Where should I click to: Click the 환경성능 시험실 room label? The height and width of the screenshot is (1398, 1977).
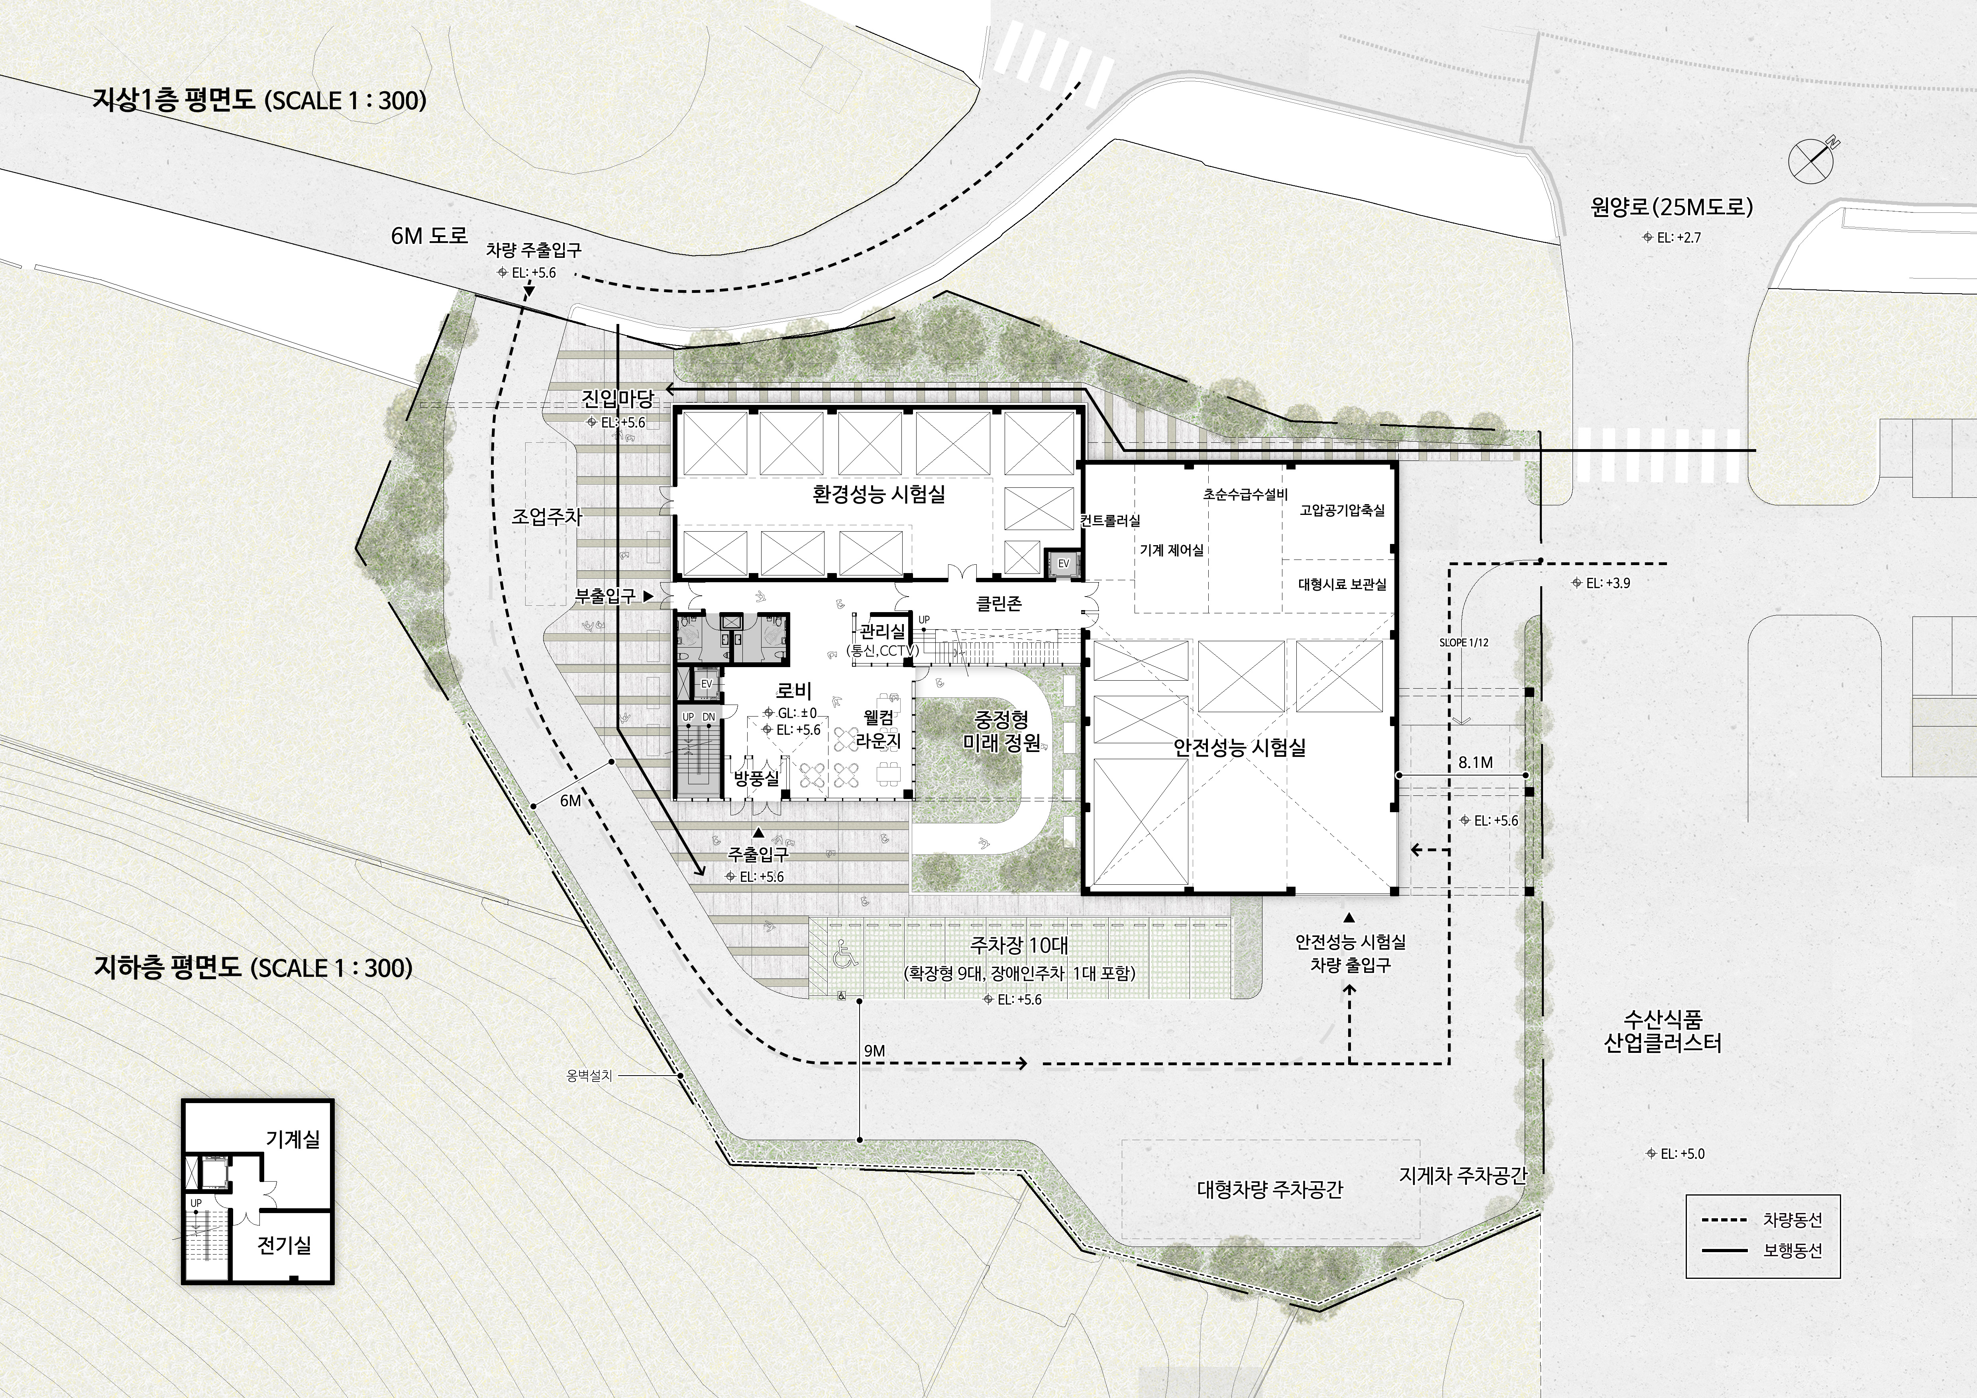[x=878, y=494]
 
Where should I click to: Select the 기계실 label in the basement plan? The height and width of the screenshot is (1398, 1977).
[x=293, y=1139]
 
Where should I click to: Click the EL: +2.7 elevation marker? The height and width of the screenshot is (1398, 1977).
[x=1672, y=238]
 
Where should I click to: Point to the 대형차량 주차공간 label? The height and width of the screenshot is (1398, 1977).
[x=1269, y=1190]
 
